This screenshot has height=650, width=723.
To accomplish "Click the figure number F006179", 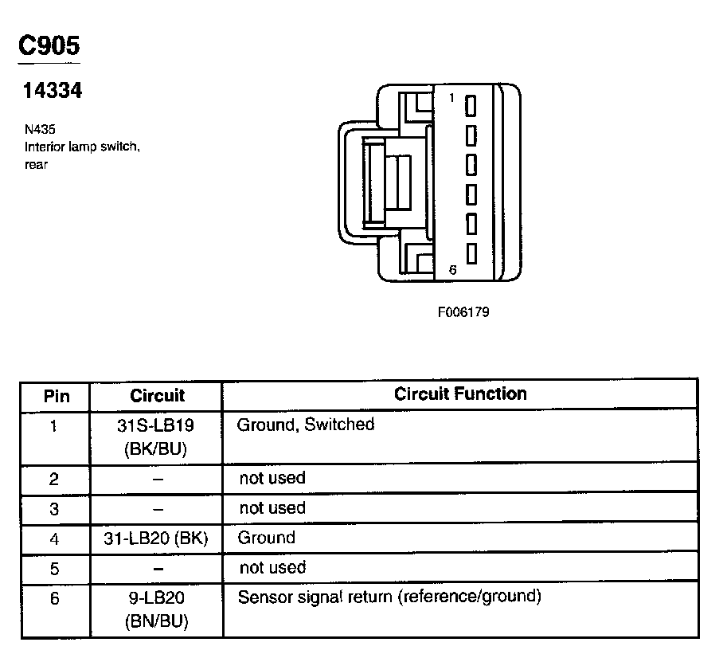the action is (463, 311).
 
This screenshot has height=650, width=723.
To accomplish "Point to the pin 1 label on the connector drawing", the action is (451, 97).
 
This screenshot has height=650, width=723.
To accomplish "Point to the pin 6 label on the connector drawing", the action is (451, 270).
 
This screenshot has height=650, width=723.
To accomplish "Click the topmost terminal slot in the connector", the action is (471, 105).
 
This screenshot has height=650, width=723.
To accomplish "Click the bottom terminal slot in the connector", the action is (471, 253).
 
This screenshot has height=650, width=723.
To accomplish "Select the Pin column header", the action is (56, 396).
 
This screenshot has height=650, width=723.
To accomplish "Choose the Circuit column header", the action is (157, 396).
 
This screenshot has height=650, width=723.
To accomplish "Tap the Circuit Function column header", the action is (460, 394).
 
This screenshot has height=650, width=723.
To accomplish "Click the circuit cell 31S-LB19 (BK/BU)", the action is (156, 437).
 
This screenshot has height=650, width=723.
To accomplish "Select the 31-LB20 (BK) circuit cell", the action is (156, 539).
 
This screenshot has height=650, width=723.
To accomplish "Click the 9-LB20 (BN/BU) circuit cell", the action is (156, 609).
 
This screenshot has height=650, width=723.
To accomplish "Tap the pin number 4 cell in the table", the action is (54, 539).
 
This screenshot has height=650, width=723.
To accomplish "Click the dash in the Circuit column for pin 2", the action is (157, 480).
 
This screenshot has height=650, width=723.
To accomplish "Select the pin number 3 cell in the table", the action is (54, 509).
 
